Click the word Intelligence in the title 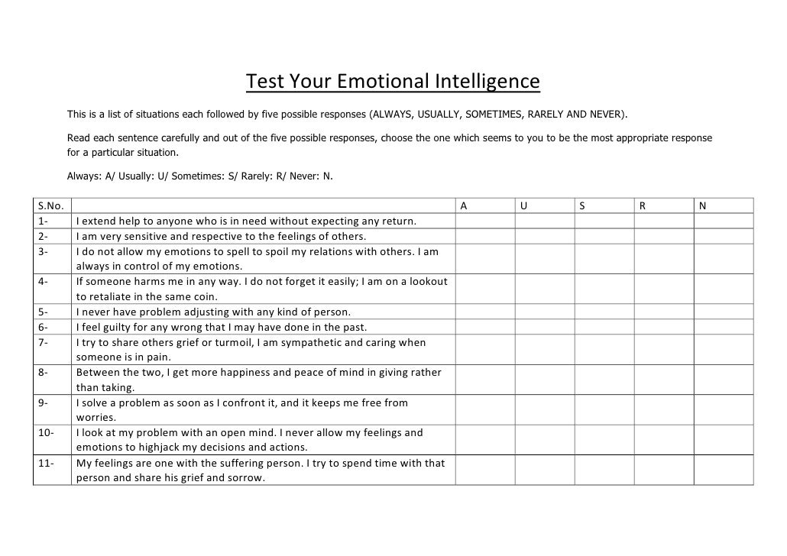click(487, 81)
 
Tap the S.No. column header click(50, 206)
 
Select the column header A click(462, 206)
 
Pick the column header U click(523, 206)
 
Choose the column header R click(643, 206)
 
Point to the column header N click(702, 206)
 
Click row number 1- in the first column click(43, 221)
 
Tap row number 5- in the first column click(43, 312)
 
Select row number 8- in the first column click(43, 372)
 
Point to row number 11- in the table click(45, 463)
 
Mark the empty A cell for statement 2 click(485, 235)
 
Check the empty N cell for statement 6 click(724, 327)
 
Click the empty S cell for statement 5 click(604, 312)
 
